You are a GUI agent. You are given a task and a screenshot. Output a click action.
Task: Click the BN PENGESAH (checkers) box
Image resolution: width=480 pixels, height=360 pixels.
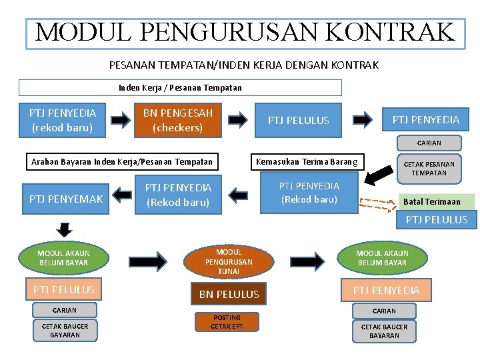[x=177, y=120]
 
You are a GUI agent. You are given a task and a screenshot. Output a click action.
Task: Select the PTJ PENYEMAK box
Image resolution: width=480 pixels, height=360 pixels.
[x=66, y=198]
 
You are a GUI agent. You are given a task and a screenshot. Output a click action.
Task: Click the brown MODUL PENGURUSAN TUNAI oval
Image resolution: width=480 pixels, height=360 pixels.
[x=229, y=261]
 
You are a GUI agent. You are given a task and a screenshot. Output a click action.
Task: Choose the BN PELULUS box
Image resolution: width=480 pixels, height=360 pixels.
[x=229, y=294]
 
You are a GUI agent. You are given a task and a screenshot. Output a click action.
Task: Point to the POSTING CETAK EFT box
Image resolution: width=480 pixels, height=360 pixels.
[x=226, y=322]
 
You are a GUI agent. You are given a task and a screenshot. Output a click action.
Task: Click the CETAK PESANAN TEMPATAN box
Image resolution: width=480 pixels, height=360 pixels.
[x=429, y=168]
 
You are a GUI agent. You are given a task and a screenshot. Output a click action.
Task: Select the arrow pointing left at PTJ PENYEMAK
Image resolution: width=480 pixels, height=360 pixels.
[x=121, y=195]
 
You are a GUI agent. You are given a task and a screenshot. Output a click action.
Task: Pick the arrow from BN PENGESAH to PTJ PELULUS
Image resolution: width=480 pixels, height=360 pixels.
[x=237, y=120]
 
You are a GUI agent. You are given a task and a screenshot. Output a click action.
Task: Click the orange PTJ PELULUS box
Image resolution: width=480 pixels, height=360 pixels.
[x=64, y=289]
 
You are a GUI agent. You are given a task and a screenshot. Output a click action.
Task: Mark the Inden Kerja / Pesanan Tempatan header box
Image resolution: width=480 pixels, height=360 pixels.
[x=180, y=87]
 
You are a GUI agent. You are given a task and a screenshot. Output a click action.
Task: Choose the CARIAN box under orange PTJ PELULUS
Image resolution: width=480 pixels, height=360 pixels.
[x=65, y=310]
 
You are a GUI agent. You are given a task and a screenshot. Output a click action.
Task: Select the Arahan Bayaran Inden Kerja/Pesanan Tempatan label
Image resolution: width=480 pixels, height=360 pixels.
[x=122, y=161]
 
